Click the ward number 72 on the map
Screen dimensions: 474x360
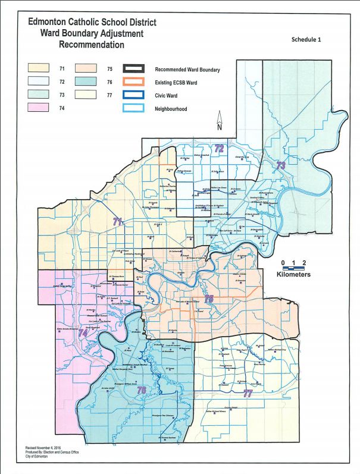click(219, 149)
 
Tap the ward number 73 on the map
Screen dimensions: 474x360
click(281, 165)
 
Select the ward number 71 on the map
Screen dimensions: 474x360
click(118, 221)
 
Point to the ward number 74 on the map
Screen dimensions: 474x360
click(83, 333)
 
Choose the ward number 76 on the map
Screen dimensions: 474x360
click(142, 390)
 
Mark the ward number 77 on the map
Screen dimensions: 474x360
click(248, 393)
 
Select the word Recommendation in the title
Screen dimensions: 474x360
click(91, 45)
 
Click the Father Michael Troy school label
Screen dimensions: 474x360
click(285, 350)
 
